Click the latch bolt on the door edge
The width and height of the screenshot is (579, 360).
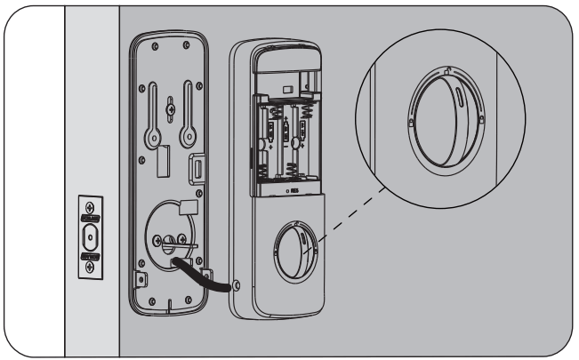[x=90, y=237]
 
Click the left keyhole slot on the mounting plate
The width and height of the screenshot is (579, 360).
[x=154, y=115]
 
